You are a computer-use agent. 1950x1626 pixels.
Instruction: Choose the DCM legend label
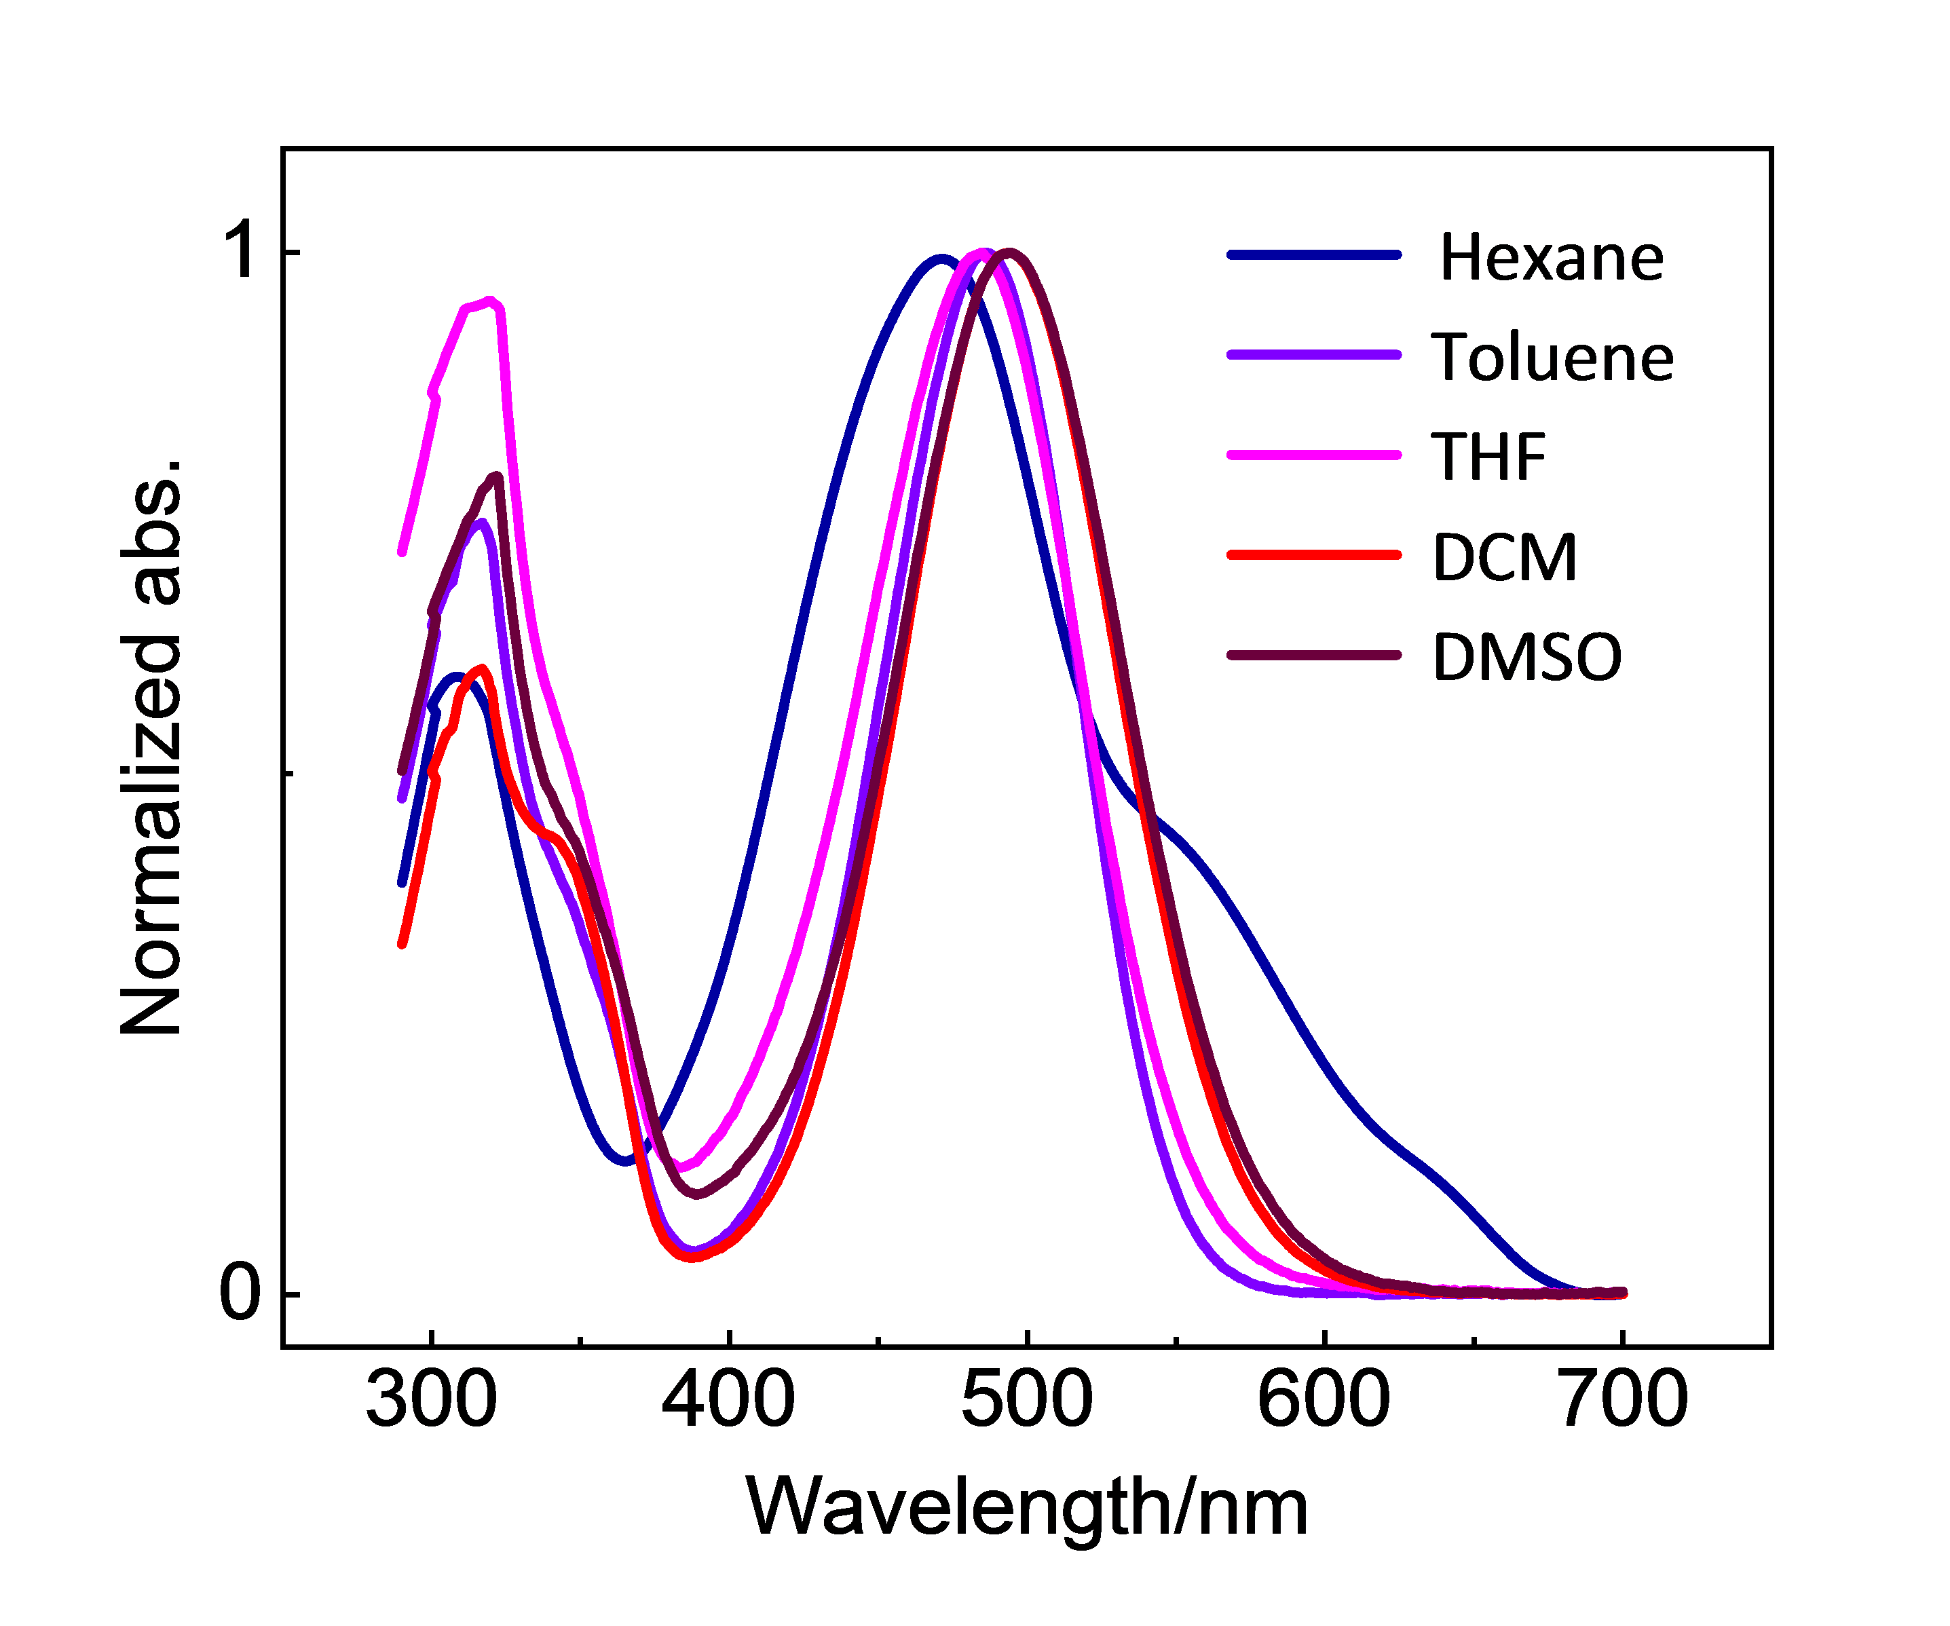tap(1504, 557)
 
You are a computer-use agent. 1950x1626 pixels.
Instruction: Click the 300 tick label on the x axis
tap(431, 1399)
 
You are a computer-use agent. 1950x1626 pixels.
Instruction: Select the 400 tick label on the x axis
tap(729, 1399)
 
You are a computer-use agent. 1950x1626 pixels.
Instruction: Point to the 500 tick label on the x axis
tap(1027, 1399)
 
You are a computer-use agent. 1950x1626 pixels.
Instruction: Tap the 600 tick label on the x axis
tap(1324, 1399)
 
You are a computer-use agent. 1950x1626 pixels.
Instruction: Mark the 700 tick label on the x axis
tap(1622, 1399)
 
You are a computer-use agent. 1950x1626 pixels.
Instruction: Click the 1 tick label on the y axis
tap(240, 250)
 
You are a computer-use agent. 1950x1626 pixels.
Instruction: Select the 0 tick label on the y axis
tap(240, 1293)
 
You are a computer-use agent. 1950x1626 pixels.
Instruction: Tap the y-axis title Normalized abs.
tap(151, 748)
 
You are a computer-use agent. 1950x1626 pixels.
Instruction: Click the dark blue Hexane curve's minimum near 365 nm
tap(626, 1160)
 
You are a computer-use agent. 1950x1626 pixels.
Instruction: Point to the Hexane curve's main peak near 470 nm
tap(941, 259)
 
